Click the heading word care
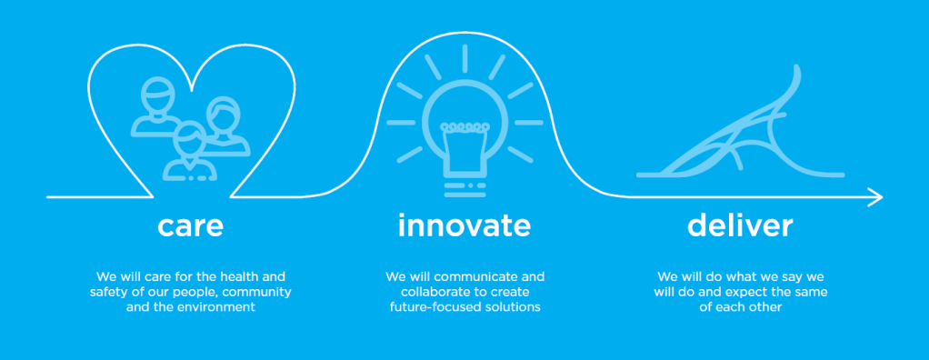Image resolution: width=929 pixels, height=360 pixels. pos(190,226)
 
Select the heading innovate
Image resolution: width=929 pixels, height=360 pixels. pos(464,225)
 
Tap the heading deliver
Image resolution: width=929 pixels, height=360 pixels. pos(740,225)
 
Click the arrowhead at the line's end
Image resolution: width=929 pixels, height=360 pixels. pos(875,197)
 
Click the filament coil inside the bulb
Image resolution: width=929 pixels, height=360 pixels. pos(465,126)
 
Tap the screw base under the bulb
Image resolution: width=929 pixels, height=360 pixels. pos(465,189)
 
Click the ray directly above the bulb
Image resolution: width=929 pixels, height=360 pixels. pos(465,58)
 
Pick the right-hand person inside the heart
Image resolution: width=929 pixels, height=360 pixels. pos(225,127)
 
